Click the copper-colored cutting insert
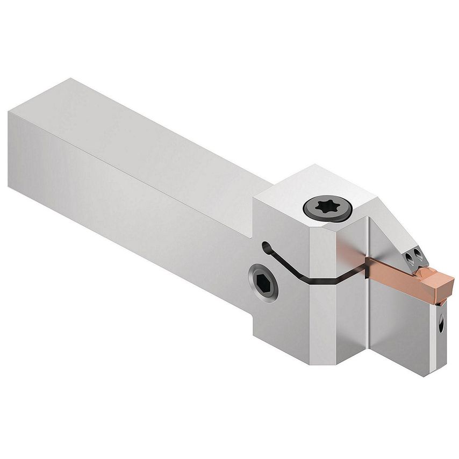tap(408, 271)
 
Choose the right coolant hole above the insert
tap(417, 262)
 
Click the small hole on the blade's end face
tap(442, 325)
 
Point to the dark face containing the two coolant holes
tap(415, 257)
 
